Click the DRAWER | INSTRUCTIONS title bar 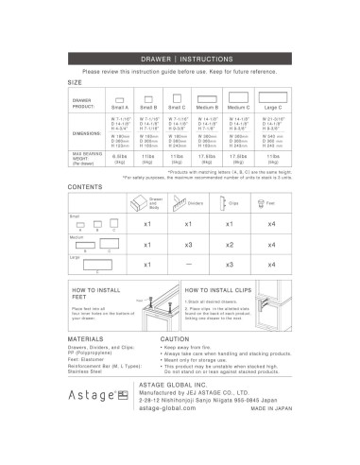pyautogui.click(x=180, y=58)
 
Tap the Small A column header pyautogui.click(x=120, y=108)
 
